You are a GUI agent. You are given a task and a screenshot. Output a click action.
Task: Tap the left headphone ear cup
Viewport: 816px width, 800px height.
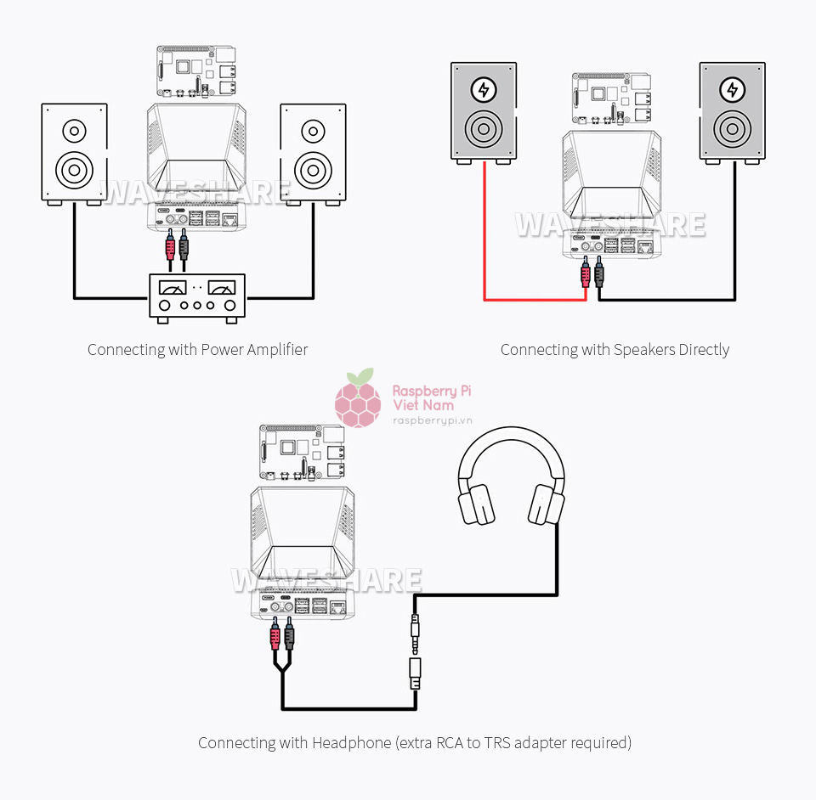[476, 504]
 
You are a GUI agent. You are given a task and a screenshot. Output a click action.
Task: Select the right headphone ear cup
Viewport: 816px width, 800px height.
[547, 504]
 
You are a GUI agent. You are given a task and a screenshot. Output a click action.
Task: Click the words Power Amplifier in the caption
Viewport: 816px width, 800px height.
[254, 349]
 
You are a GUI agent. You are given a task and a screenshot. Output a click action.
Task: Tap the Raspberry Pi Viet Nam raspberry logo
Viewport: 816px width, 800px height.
[358, 401]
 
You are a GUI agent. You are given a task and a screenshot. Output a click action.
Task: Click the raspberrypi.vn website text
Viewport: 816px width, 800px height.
[432, 420]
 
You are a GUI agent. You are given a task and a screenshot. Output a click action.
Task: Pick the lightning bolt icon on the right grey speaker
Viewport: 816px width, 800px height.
[732, 90]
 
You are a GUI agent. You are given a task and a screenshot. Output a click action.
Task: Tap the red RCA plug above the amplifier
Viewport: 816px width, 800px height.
[171, 247]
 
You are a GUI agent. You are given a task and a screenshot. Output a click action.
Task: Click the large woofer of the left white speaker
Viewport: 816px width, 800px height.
[74, 168]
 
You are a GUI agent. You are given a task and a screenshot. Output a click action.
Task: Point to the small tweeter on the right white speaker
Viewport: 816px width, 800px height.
[313, 132]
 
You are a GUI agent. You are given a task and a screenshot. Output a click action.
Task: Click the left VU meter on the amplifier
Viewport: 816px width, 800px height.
[173, 288]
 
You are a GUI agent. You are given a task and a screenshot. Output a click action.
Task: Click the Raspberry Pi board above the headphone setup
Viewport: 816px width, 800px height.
[303, 454]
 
